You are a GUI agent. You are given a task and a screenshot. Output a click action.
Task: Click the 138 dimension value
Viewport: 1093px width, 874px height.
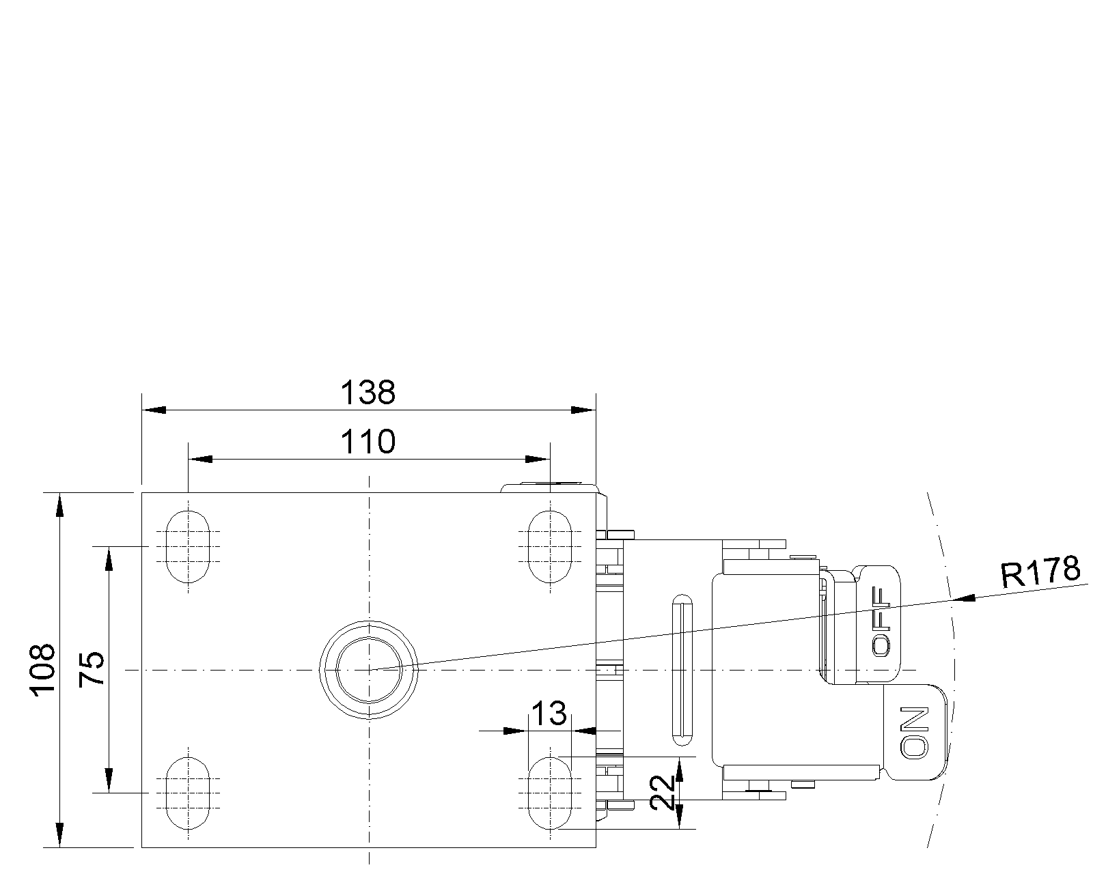[x=368, y=393]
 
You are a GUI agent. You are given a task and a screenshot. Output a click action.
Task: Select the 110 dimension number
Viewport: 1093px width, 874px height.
[x=368, y=442]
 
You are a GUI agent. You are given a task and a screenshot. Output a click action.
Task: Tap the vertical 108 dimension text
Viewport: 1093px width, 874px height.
[x=42, y=670]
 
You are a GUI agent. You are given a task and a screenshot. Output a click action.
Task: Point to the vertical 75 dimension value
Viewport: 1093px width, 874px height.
[x=92, y=669]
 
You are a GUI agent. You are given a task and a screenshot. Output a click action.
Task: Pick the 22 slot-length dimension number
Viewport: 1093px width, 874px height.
[x=663, y=792]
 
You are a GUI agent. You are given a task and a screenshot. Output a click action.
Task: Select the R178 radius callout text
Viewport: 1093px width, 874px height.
[x=1040, y=572]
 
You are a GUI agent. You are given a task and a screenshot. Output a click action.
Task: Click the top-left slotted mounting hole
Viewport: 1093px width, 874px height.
[x=188, y=546]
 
